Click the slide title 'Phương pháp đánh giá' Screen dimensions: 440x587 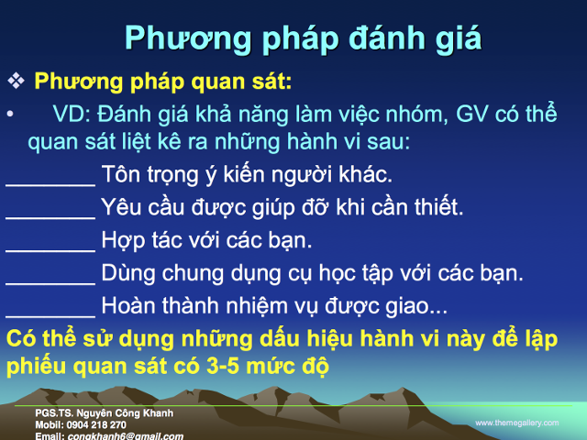[x=303, y=38]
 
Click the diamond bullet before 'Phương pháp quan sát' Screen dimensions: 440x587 [x=17, y=82]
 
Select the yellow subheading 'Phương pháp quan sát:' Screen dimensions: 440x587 [x=162, y=82]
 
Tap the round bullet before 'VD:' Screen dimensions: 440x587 [x=10, y=114]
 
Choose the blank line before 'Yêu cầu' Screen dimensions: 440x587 [x=50, y=214]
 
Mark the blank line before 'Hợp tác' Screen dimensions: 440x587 [x=50, y=247]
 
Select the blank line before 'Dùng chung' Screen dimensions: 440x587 [x=50, y=280]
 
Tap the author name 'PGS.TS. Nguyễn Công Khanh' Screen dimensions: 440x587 [x=104, y=413]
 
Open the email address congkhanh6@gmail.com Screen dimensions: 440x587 [x=124, y=435]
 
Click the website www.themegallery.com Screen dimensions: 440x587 [x=516, y=423]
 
